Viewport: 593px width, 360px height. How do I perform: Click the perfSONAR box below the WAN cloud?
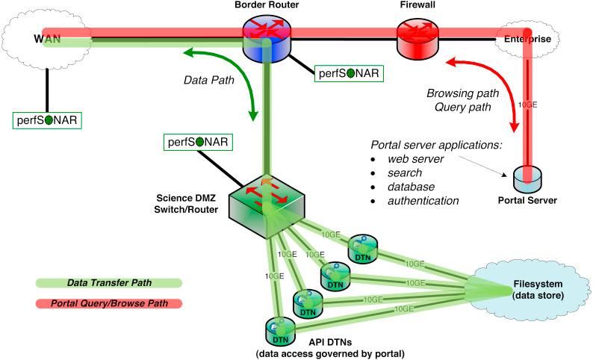[x=46, y=119]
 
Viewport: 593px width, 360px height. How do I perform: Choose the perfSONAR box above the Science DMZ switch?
[x=196, y=142]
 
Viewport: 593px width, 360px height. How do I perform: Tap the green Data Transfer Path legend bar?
[x=108, y=283]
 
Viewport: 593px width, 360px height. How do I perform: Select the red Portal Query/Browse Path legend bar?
[x=108, y=303]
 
